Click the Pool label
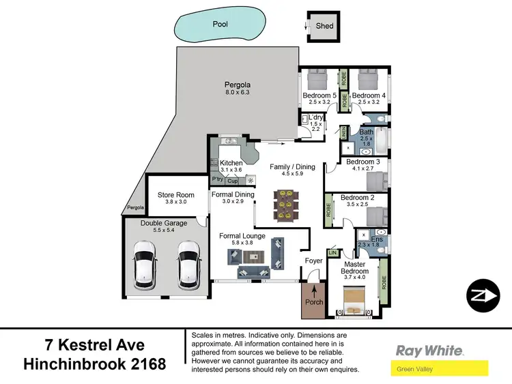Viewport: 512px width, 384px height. click(x=219, y=23)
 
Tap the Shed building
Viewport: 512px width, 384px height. click(x=324, y=27)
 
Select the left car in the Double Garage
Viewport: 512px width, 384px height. click(x=145, y=267)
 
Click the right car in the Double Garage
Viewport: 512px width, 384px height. click(x=188, y=267)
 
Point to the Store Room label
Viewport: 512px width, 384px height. click(x=175, y=195)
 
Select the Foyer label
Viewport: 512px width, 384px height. click(x=313, y=261)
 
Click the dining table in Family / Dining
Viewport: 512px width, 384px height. click(x=283, y=205)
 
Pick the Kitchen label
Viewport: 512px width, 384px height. click(x=231, y=163)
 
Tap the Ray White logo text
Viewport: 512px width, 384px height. click(x=430, y=351)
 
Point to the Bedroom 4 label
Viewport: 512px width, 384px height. click(x=369, y=95)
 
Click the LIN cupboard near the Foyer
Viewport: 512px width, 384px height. click(x=333, y=253)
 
